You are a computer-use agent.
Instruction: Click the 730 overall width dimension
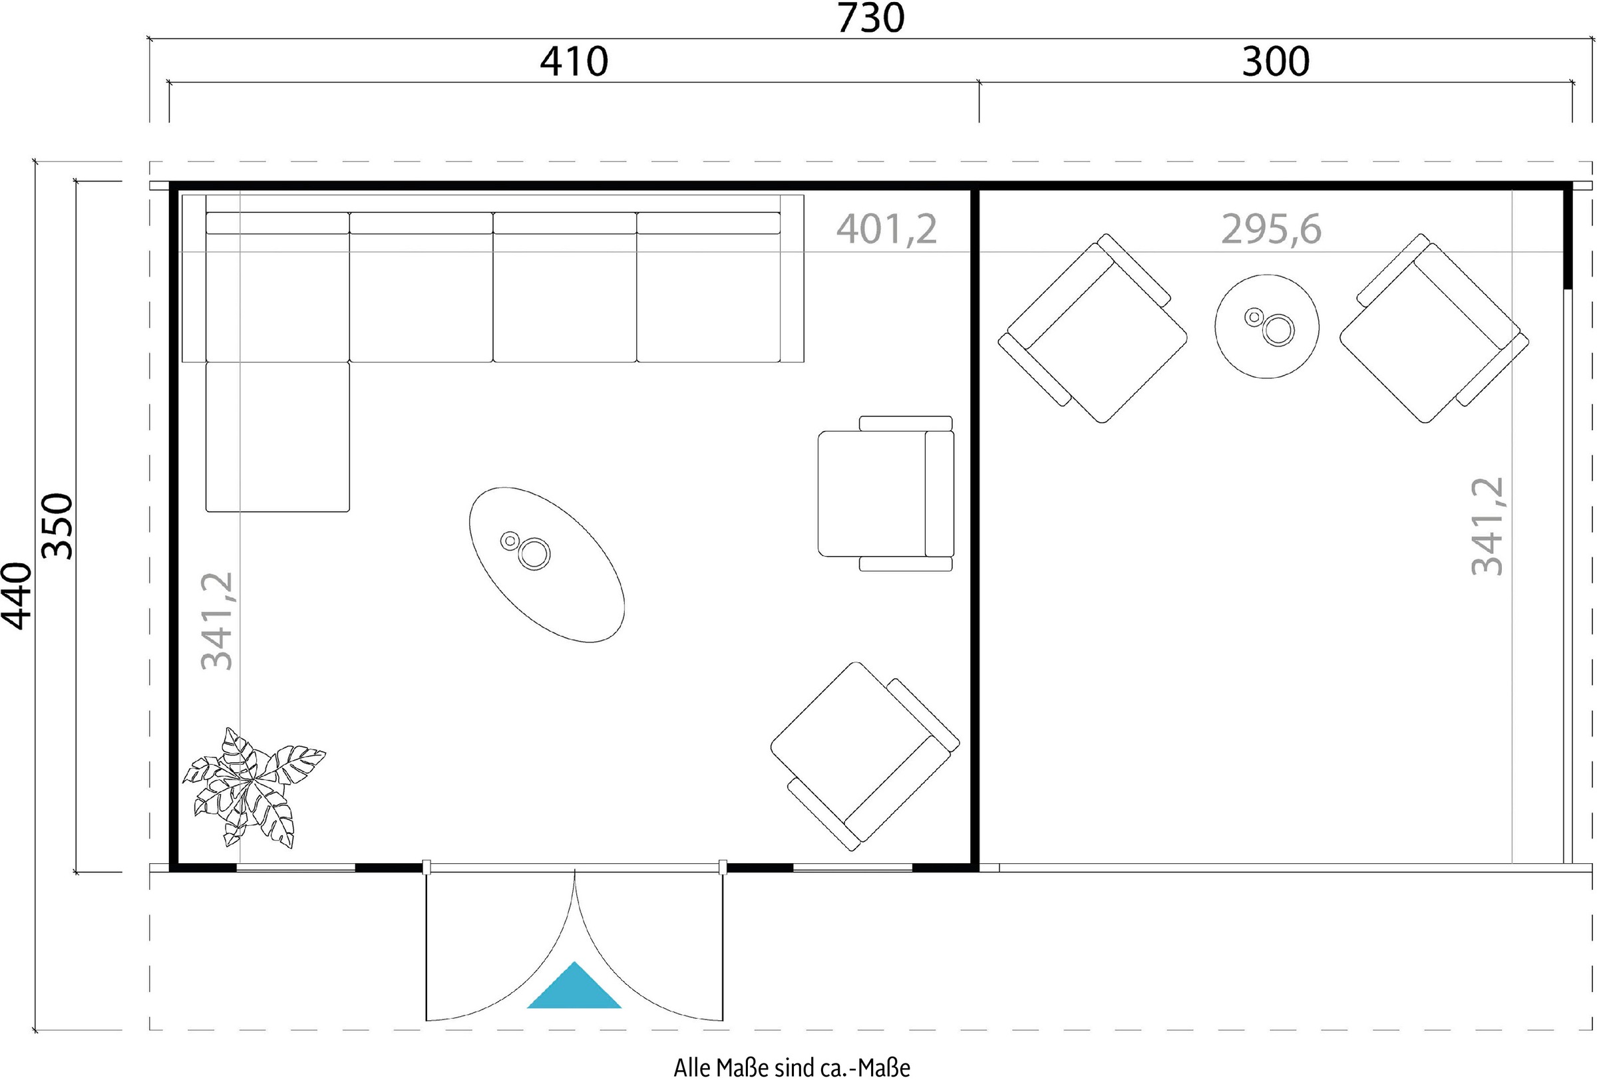click(870, 18)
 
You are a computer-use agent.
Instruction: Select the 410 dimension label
click(574, 62)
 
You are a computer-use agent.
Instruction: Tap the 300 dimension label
click(1276, 62)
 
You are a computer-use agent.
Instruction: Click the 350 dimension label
click(57, 526)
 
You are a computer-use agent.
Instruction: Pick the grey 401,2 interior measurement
click(886, 229)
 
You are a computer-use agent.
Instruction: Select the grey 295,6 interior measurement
click(1271, 229)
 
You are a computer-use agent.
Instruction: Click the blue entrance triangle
click(574, 986)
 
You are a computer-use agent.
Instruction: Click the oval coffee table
click(547, 565)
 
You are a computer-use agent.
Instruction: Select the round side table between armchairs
click(1266, 327)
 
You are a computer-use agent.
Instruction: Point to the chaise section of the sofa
click(277, 436)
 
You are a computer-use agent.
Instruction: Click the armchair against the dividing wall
click(886, 493)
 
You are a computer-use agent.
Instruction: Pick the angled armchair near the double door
click(864, 755)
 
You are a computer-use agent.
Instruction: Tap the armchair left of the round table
click(1093, 329)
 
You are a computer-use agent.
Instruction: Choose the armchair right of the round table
click(1434, 329)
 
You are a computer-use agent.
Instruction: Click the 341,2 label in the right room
click(1487, 526)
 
